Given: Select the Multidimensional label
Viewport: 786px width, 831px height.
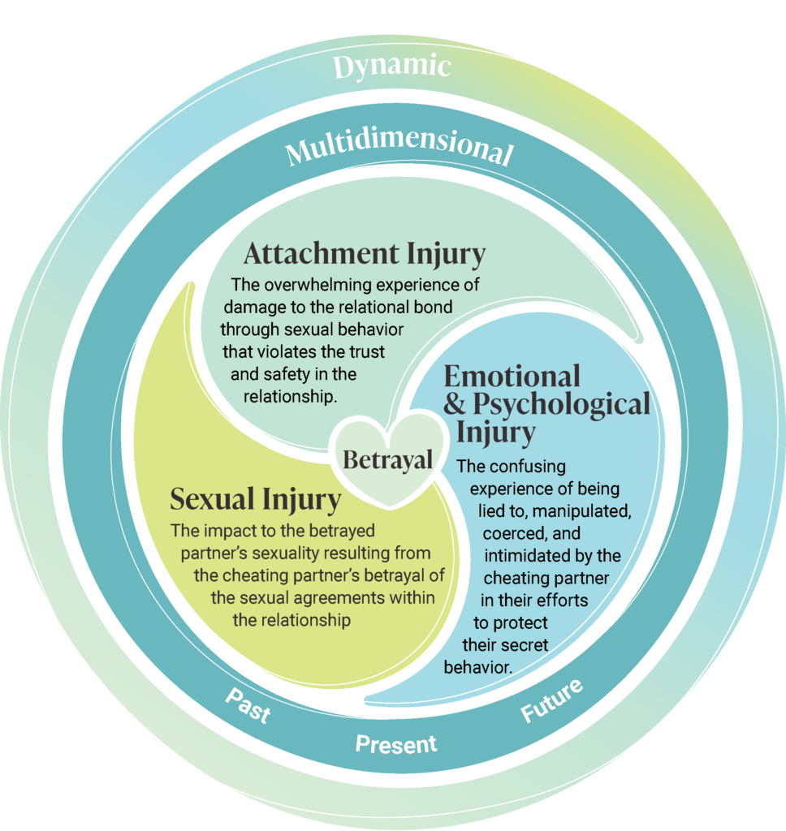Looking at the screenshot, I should click(398, 151).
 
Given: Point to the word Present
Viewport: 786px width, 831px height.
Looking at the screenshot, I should click(395, 743).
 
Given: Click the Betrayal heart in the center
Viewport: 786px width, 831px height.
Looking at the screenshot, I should click(387, 459).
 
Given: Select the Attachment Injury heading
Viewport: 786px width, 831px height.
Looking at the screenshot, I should click(364, 255).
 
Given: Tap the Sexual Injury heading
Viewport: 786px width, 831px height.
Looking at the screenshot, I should click(255, 499).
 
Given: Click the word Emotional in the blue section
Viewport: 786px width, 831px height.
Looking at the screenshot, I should click(512, 376).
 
